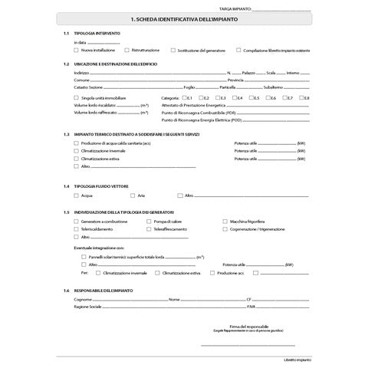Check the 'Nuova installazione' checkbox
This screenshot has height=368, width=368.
coord(76,49)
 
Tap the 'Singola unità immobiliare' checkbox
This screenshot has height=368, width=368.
coord(76,97)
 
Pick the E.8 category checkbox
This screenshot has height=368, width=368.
coord(301,97)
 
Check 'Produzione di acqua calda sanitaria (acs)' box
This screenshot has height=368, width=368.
coord(76,143)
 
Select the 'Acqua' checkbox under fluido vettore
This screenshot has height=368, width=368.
coord(76,195)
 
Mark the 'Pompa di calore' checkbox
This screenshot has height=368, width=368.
coord(148,222)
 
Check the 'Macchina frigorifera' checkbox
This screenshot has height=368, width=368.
coord(225,222)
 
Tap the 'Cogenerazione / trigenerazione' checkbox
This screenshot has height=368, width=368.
coord(225,228)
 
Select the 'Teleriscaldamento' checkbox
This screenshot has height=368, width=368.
coord(76,228)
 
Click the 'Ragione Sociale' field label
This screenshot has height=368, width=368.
coord(87,306)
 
